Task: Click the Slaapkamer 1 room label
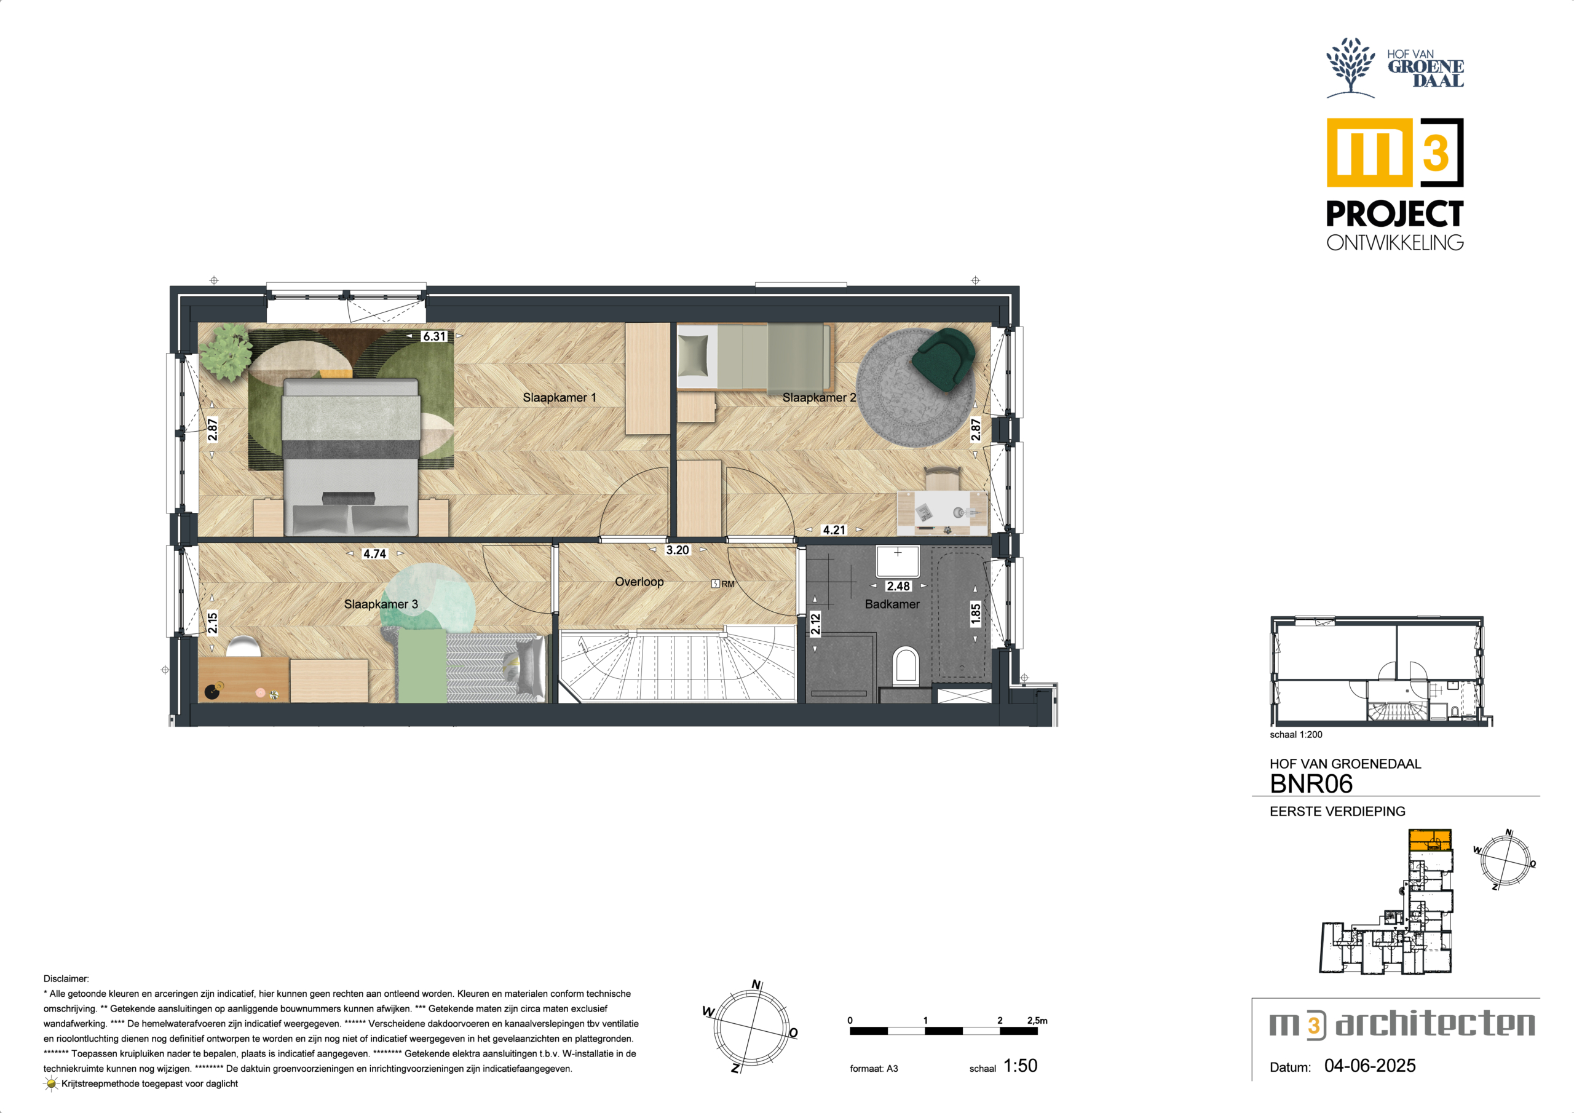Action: click(560, 398)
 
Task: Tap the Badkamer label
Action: click(892, 604)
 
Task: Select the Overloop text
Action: click(639, 582)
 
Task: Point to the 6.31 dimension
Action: click(434, 336)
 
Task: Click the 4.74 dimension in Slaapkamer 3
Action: click(375, 553)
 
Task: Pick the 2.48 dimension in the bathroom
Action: click(898, 587)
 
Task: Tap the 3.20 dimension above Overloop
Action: click(678, 550)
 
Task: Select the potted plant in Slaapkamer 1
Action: click(227, 351)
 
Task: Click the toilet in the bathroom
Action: click(906, 667)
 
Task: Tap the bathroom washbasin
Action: click(898, 561)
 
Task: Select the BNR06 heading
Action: click(1311, 784)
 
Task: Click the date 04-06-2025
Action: click(1370, 1066)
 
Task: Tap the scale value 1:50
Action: click(1020, 1066)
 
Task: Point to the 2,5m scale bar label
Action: click(1037, 1020)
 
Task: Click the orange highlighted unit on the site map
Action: click(1430, 840)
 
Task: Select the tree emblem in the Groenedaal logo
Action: click(1351, 66)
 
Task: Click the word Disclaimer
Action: click(66, 978)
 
